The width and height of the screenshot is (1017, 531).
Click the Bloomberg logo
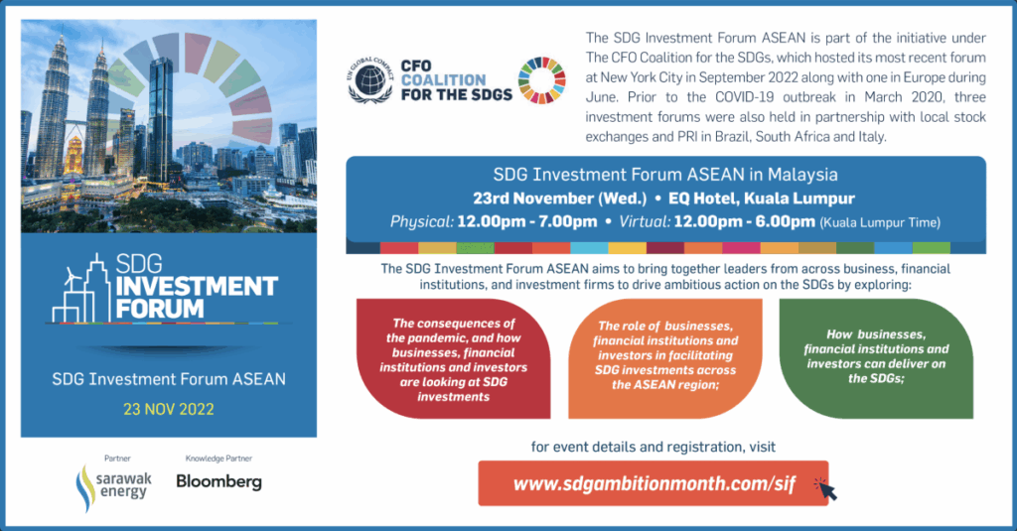[x=219, y=481]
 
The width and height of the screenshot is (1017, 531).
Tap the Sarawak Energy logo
[x=113, y=487]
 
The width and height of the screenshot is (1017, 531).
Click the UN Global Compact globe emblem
[x=369, y=81]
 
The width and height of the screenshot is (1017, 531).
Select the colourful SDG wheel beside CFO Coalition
[x=542, y=80]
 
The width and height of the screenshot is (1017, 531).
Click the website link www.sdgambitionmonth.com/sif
[x=654, y=484]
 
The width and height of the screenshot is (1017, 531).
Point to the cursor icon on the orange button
[x=825, y=489]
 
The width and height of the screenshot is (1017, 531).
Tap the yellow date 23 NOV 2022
[x=169, y=409]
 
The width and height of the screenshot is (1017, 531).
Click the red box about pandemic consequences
[x=453, y=358]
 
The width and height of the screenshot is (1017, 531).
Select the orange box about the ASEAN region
[x=665, y=358]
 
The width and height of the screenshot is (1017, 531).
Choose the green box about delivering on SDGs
[x=876, y=358]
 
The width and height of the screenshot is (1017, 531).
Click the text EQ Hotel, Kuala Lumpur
[x=762, y=199]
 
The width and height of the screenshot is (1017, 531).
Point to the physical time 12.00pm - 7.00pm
[x=526, y=221]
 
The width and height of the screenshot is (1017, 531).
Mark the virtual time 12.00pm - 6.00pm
[x=744, y=221]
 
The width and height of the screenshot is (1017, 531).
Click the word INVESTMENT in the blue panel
[x=197, y=287]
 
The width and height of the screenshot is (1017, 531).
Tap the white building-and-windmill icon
[x=79, y=288]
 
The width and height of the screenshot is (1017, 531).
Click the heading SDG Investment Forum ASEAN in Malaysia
[x=665, y=175]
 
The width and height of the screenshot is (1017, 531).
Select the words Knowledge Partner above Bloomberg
[x=218, y=459]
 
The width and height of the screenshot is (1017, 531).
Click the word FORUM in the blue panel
[x=160, y=309]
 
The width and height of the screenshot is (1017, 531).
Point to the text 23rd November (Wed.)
[x=560, y=199]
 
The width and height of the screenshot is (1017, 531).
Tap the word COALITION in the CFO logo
[x=444, y=80]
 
